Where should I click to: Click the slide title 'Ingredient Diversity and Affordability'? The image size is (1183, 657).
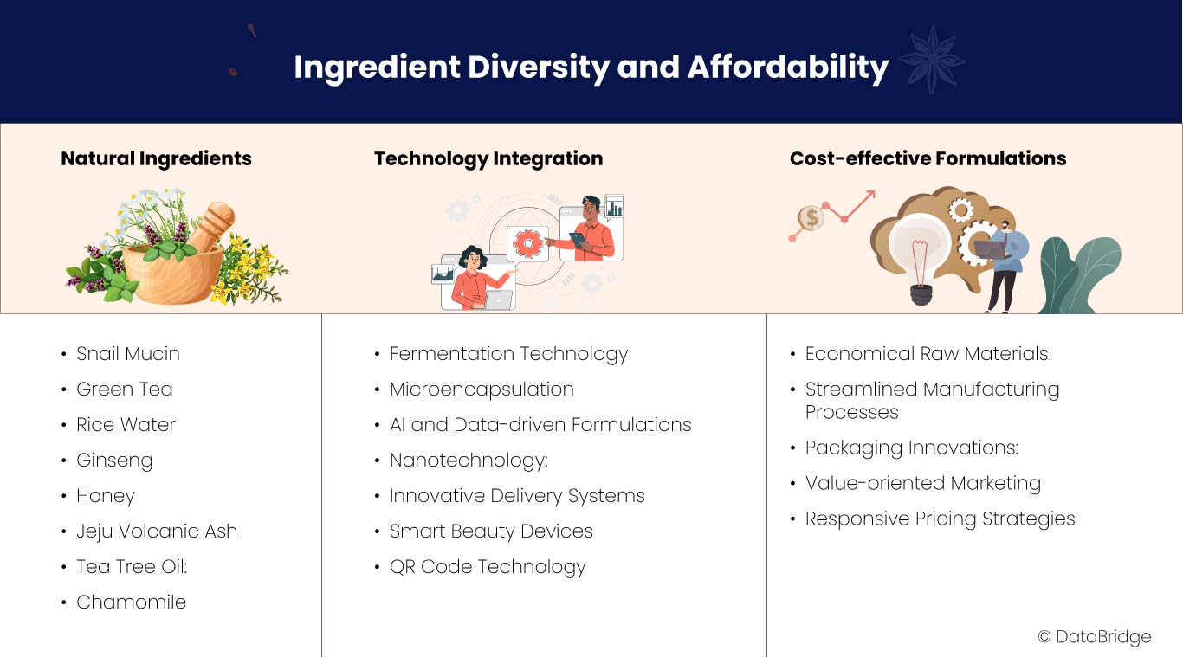tap(591, 68)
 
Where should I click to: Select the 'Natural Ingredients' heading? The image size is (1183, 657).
tap(157, 159)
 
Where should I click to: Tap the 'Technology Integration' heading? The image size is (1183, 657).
tap(488, 159)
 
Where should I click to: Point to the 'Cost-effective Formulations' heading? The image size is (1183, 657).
tap(928, 158)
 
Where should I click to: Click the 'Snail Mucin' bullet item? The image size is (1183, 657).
tap(128, 353)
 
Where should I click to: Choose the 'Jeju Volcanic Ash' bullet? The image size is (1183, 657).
tap(157, 531)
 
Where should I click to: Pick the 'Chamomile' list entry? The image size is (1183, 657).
tap(131, 602)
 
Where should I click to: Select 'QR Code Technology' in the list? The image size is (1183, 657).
tap(488, 567)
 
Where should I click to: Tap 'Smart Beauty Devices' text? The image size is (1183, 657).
tap(491, 531)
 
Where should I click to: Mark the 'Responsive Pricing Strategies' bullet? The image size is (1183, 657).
tap(940, 519)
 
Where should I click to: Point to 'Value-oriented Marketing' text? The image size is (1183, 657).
tap(922, 483)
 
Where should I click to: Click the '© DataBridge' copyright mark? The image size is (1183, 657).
tap(1095, 637)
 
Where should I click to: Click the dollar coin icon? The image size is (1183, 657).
tap(811, 217)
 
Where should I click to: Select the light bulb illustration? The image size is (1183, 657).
tap(918, 258)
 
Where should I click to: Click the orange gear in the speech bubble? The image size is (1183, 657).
tap(528, 243)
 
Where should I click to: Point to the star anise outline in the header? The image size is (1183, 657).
tap(932, 61)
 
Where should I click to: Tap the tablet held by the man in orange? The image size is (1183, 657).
tap(578, 240)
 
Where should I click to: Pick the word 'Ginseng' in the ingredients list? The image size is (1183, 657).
tap(114, 461)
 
